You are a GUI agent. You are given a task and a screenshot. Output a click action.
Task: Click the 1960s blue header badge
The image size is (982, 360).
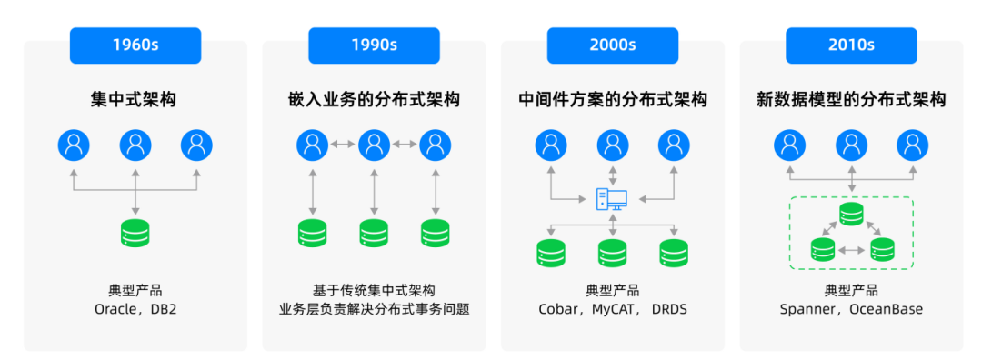[135, 45]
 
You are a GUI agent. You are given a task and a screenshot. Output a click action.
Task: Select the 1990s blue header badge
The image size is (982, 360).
[374, 45]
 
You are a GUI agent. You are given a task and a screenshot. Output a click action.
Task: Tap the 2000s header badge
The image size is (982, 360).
[613, 45]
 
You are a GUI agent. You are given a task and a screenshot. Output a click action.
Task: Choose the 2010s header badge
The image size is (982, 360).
[851, 45]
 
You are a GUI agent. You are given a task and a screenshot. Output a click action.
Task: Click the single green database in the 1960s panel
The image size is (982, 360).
[135, 233]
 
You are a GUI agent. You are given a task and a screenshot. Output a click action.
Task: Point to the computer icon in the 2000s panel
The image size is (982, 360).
[612, 200]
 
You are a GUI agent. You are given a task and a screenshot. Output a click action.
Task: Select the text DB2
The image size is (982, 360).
[164, 309]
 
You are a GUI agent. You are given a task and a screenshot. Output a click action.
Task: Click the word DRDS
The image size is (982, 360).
[669, 309]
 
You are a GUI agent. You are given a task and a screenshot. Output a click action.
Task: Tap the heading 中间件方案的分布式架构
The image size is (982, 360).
[613, 100]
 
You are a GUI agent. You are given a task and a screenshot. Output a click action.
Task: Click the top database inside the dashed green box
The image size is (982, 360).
[851, 215]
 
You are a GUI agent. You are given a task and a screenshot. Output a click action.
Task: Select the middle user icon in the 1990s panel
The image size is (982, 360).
[374, 145]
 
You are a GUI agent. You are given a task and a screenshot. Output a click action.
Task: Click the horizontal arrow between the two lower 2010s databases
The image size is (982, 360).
[851, 250]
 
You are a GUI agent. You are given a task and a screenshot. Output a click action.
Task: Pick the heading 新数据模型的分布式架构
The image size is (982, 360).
[851, 100]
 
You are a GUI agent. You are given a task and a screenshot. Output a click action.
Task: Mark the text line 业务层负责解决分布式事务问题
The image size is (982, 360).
[374, 309]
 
